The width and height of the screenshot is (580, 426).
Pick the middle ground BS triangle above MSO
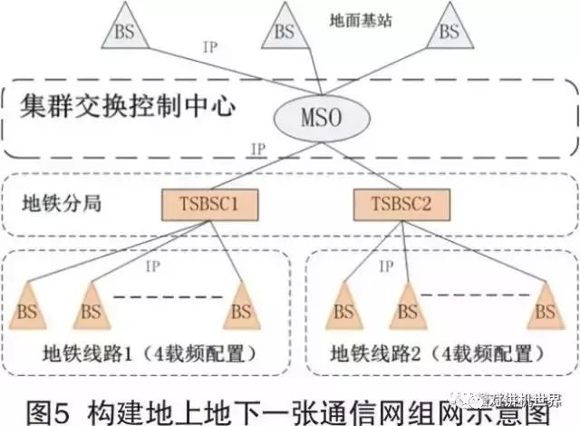pyautogui.click(x=284, y=30)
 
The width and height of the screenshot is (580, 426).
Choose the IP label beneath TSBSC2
pyautogui.click(x=385, y=266)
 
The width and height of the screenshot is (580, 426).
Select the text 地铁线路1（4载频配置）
pyautogui.click(x=148, y=351)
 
